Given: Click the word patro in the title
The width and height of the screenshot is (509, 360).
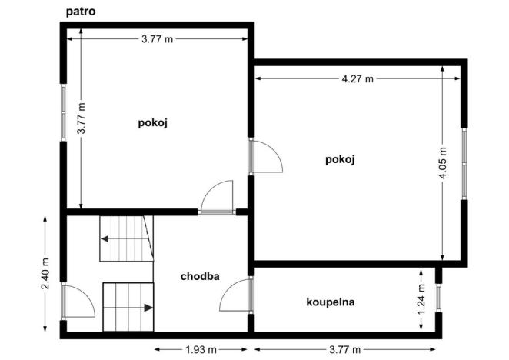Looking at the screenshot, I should point(81,12).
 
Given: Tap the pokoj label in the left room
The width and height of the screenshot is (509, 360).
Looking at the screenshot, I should point(153,122).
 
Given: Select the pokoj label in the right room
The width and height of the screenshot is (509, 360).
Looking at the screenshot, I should point(339,159).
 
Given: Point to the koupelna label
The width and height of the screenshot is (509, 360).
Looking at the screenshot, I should point(330,302).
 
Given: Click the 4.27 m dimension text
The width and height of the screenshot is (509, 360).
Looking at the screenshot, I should point(358,78).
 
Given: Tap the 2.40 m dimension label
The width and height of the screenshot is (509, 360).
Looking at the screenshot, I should point(45,275).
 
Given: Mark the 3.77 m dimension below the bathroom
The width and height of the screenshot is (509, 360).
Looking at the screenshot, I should point(346,350).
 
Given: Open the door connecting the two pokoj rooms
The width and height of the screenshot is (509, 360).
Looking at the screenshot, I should point(266,157).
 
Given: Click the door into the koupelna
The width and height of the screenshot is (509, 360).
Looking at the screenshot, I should point(238,295).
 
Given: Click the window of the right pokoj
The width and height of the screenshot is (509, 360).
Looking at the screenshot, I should point(464,162).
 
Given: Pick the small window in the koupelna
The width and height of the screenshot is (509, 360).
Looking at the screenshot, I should point(438,298).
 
